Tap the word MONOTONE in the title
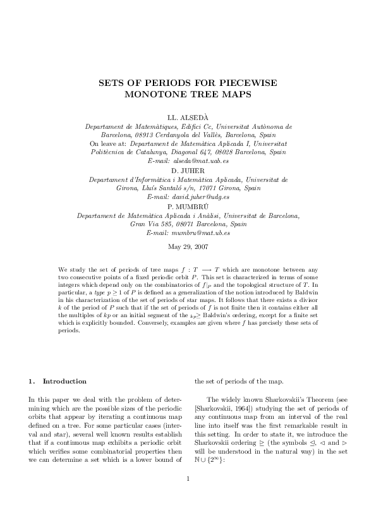coord(154,95)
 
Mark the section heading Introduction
coord(64,382)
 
